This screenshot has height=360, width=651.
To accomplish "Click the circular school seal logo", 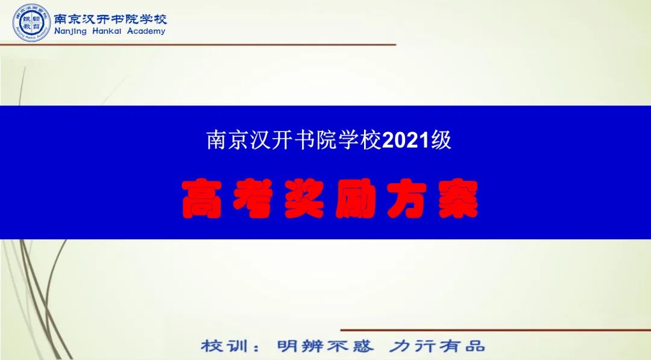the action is click(31, 23).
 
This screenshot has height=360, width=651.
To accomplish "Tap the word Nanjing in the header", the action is click(70, 31).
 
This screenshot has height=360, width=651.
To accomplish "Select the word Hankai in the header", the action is click(107, 31).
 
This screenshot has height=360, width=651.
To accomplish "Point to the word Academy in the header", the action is click(146, 31).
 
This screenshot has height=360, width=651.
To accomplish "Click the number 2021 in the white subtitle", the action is click(406, 141).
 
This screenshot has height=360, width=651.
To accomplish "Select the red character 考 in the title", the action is click(253, 199).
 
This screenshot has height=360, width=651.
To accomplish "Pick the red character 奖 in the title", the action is click(304, 199).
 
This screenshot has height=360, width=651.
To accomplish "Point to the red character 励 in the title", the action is click(356, 199).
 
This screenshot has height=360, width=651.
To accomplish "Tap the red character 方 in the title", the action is click(407, 199).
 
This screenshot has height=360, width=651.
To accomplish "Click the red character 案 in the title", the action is click(458, 199).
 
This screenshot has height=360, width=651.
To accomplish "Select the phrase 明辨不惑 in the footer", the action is click(325, 346).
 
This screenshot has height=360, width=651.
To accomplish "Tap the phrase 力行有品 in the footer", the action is click(437, 346).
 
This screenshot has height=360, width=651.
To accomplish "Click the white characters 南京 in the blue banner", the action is click(228, 140).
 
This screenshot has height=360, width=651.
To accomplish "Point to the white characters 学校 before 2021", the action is click(360, 140).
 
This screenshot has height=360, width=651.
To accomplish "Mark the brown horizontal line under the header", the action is click(198, 45).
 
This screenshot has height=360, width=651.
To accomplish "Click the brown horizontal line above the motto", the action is click(495, 330).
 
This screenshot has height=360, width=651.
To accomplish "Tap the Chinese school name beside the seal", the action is click(110, 19).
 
